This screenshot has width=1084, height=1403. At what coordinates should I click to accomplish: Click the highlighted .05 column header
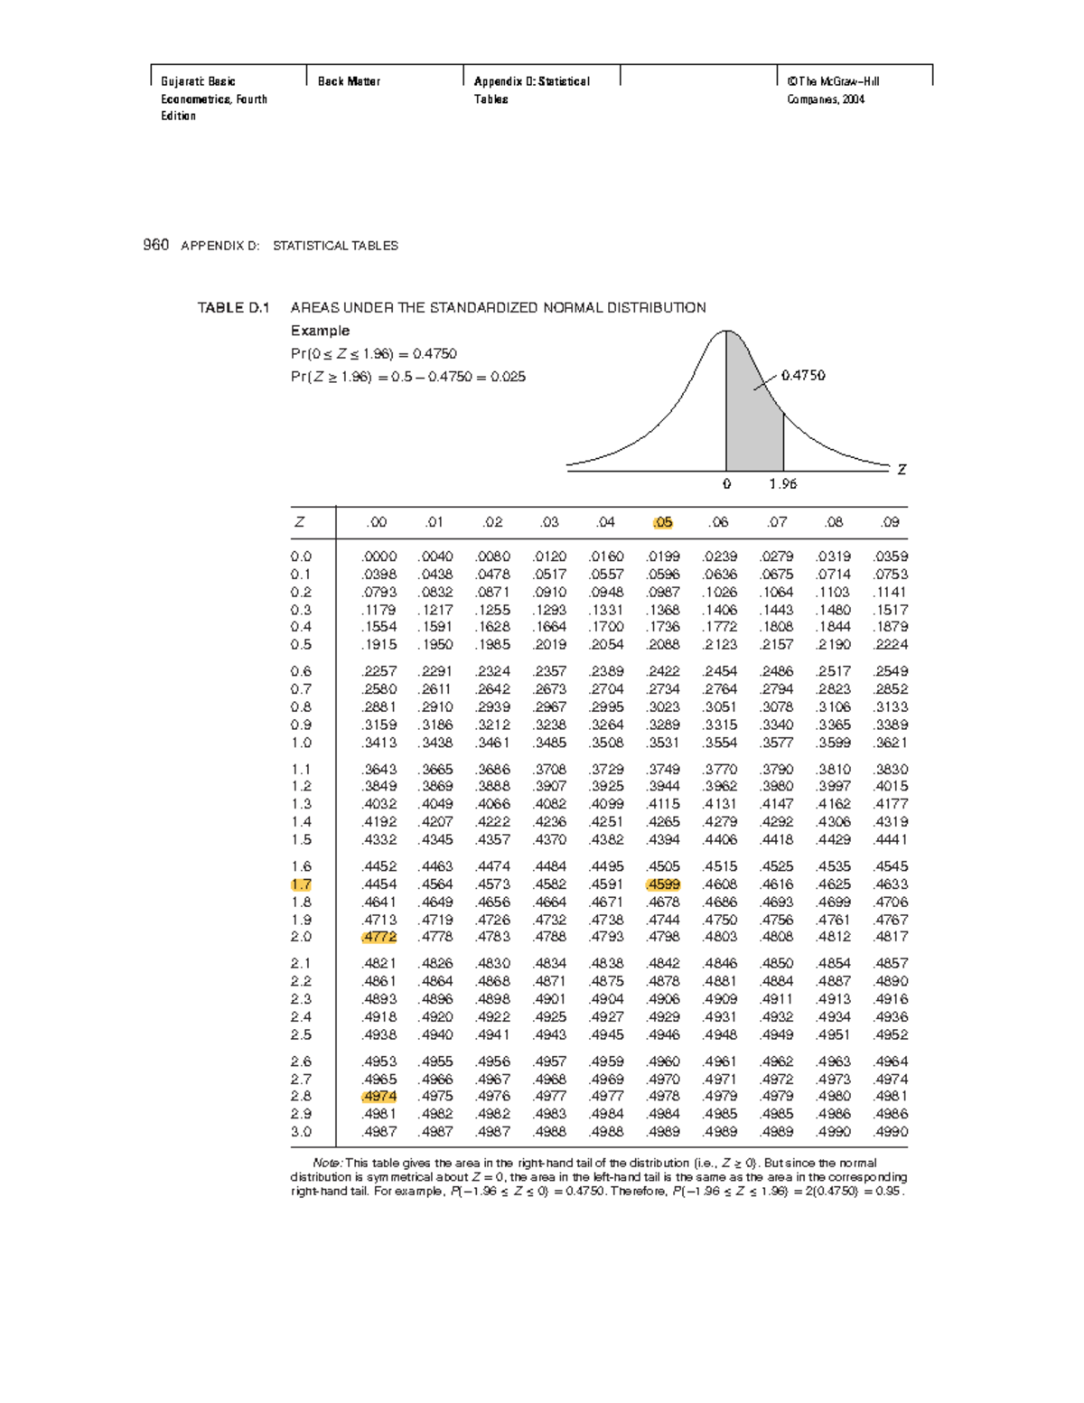(663, 522)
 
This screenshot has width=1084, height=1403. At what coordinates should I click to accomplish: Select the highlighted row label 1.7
(301, 884)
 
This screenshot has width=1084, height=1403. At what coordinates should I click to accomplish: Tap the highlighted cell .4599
(663, 884)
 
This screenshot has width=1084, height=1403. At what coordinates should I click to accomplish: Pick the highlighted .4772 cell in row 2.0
(378, 937)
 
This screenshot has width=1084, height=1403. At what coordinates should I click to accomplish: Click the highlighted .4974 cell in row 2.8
(378, 1097)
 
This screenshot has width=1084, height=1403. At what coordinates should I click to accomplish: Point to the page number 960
(155, 245)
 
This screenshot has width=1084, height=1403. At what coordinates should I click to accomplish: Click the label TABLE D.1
(233, 308)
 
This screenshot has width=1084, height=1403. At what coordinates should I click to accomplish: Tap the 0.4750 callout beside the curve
(803, 375)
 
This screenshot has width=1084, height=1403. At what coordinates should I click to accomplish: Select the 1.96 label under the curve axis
(783, 484)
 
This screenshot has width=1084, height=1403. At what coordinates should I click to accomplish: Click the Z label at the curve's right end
(901, 470)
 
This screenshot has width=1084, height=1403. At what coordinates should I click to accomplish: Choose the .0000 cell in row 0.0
(378, 557)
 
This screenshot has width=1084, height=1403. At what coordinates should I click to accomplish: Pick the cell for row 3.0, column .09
(891, 1132)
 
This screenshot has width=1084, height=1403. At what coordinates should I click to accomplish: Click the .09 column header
(891, 522)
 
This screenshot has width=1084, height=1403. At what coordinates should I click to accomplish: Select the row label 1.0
(301, 743)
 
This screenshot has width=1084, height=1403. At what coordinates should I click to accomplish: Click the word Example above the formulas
(320, 331)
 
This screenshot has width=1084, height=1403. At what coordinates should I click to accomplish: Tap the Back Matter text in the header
(349, 81)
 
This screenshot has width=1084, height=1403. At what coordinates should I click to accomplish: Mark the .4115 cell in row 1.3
(663, 804)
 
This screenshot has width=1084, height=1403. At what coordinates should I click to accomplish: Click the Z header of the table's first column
(299, 522)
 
